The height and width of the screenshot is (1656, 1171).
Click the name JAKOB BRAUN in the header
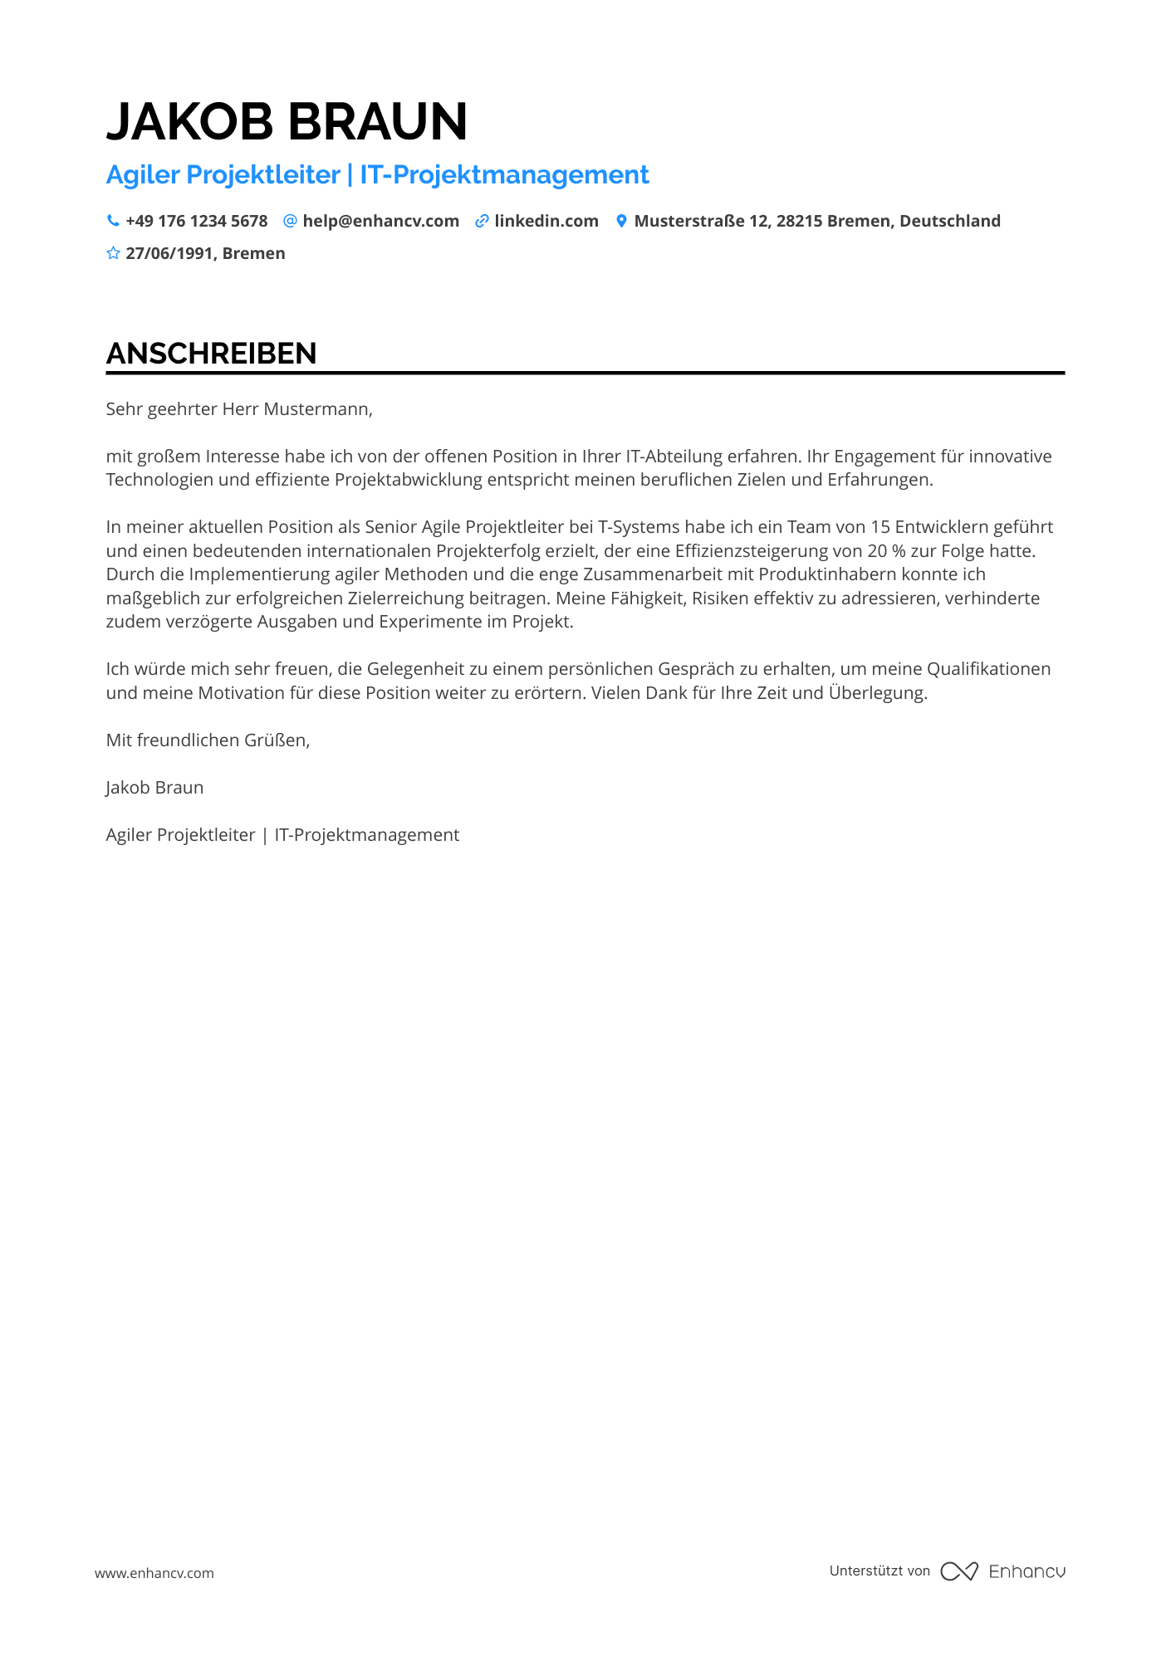pyautogui.click(x=287, y=121)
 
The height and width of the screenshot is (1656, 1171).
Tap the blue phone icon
pyautogui.click(x=113, y=221)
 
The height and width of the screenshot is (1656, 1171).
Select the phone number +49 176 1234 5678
pyautogui.click(x=197, y=221)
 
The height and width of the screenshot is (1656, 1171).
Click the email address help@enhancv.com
pyautogui.click(x=380, y=221)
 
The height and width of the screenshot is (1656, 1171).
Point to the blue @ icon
pyautogui.click(x=290, y=221)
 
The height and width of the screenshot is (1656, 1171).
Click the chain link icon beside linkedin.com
pyautogui.click(x=482, y=221)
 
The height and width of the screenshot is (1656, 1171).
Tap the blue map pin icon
pyautogui.click(x=621, y=221)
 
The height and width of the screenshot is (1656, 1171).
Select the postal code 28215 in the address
pyautogui.click(x=799, y=221)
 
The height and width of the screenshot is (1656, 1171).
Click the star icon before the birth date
pyautogui.click(x=113, y=253)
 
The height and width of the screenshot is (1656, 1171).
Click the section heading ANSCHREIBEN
pyautogui.click(x=211, y=354)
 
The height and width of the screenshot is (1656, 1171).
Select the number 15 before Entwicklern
pyautogui.click(x=880, y=527)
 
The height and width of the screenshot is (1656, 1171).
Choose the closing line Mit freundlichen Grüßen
pyautogui.click(x=208, y=740)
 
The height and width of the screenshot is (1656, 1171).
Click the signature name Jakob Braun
pyautogui.click(x=154, y=788)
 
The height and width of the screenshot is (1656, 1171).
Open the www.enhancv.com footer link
pyautogui.click(x=154, y=1573)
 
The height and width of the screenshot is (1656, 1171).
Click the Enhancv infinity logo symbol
pyautogui.click(x=959, y=1571)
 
